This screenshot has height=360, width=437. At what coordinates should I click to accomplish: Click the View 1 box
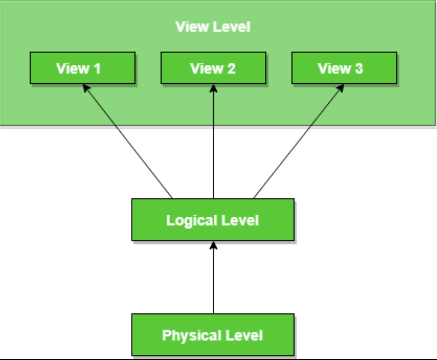82,68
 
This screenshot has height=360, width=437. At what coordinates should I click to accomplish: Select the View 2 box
213,68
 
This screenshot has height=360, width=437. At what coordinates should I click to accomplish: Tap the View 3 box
344,68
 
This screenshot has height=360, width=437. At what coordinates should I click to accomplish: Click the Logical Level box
213,220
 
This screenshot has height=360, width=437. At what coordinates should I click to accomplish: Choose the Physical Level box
213,335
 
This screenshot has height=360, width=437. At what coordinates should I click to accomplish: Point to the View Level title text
213,27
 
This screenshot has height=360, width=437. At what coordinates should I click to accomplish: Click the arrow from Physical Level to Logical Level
213,278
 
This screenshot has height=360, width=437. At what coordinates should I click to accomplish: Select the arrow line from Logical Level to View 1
128,141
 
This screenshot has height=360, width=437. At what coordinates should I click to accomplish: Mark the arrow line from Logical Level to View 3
298,141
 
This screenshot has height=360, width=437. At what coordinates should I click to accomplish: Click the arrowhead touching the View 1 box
86,88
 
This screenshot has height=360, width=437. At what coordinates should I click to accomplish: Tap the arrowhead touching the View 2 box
213,88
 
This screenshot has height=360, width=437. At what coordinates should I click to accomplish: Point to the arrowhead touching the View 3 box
340,88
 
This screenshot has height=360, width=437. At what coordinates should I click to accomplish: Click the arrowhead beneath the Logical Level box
213,245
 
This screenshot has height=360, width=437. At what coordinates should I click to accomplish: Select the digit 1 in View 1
97,69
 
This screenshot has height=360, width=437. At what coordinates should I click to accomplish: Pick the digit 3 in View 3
359,69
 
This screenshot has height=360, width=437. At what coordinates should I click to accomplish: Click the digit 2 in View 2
231,69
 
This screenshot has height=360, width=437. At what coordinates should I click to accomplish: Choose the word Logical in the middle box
192,220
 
